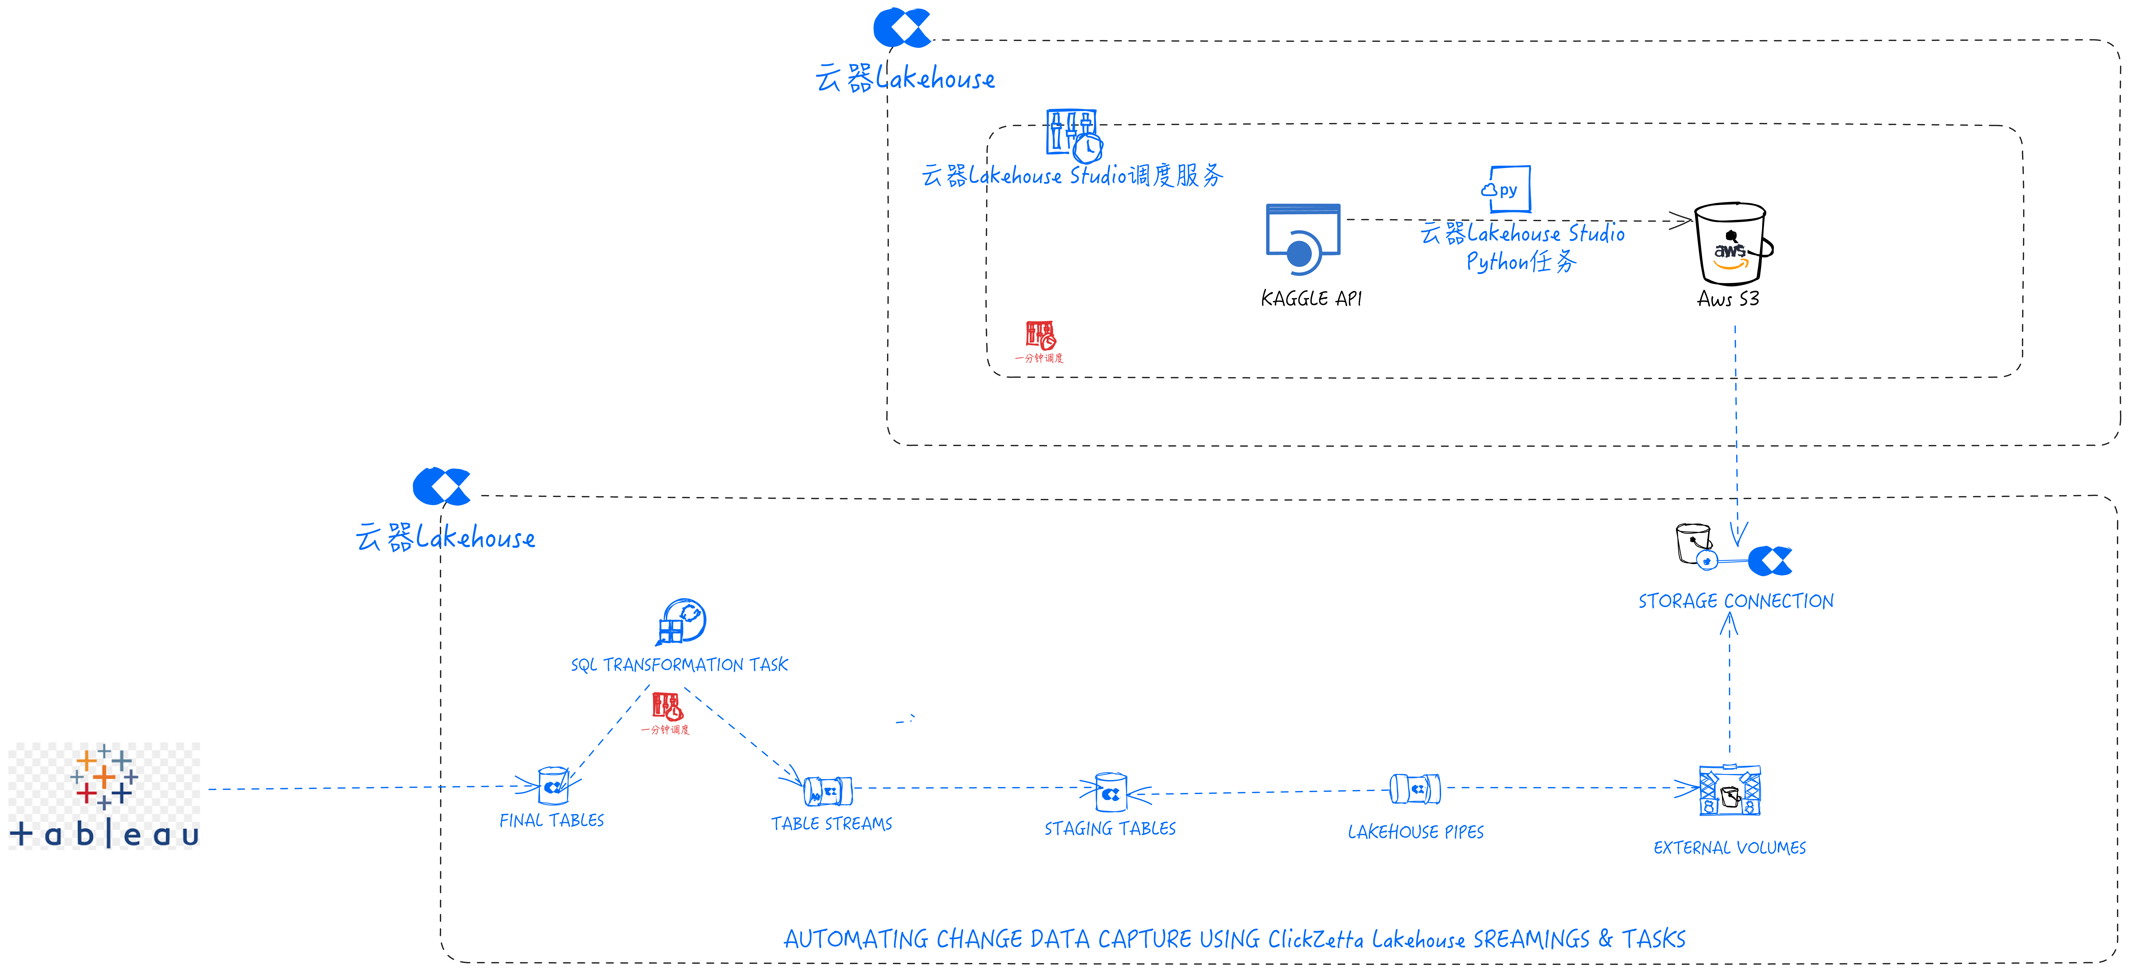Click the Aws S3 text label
click(x=1728, y=299)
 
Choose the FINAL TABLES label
click(x=551, y=821)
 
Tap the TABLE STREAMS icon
click(x=828, y=792)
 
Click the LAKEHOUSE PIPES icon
click(x=1415, y=789)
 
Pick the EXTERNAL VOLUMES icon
click(x=1730, y=791)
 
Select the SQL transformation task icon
click(x=681, y=621)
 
